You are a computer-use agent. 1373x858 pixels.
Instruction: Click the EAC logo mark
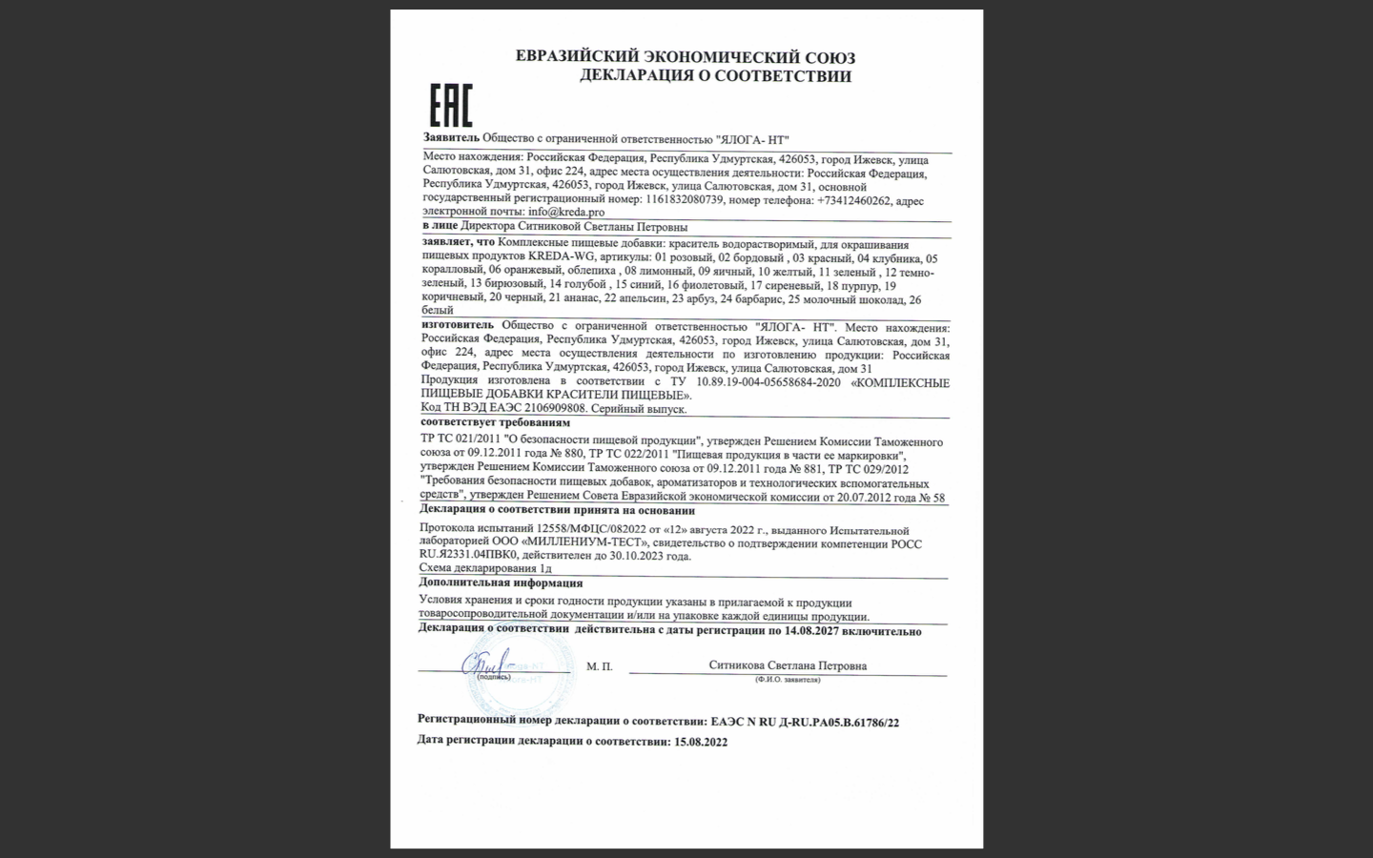pos(450,105)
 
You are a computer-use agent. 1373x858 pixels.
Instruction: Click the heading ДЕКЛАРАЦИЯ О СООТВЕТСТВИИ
pos(715,76)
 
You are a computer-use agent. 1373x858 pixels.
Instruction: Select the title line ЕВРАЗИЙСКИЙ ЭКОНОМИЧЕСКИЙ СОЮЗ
pos(685,56)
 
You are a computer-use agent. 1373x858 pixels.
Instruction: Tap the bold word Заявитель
pos(452,139)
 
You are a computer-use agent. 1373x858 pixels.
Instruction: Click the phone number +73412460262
pos(853,201)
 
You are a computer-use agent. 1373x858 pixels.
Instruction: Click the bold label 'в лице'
pos(440,227)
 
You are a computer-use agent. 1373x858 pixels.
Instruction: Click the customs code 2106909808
pos(555,408)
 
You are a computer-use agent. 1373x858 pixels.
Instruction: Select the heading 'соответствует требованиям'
pos(495,422)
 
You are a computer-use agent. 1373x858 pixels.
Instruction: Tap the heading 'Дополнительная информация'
pos(501,582)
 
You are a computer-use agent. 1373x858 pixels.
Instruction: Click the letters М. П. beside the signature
pos(600,666)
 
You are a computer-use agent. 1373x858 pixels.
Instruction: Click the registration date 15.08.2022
pos(700,742)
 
